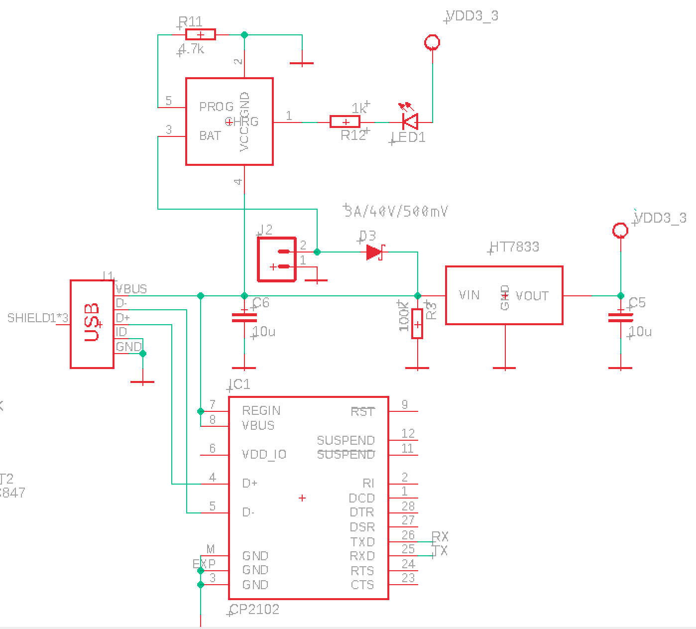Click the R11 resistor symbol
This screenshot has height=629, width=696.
click(x=200, y=34)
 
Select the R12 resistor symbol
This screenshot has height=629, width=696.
click(x=345, y=122)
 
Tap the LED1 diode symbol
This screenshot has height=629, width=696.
click(x=410, y=121)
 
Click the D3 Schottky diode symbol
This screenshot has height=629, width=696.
click(x=374, y=252)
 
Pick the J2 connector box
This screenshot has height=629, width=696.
click(x=277, y=259)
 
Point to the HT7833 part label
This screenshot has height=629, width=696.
click(x=514, y=247)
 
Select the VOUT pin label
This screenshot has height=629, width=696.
click(x=532, y=296)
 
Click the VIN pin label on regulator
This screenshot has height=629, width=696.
click(x=469, y=295)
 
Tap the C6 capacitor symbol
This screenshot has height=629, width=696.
click(x=244, y=317)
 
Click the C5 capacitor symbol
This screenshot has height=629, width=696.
click(x=620, y=317)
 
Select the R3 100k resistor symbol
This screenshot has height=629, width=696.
click(x=417, y=324)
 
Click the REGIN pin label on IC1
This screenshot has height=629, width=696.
click(x=261, y=410)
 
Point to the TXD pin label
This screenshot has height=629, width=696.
click(x=362, y=542)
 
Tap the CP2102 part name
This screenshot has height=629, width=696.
click(x=254, y=609)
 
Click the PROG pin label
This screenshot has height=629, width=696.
click(x=216, y=107)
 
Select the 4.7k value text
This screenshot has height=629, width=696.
click(x=192, y=49)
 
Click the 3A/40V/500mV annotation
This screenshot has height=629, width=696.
click(x=396, y=212)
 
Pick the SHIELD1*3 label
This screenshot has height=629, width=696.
click(x=37, y=318)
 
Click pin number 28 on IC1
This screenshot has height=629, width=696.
click(x=408, y=506)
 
